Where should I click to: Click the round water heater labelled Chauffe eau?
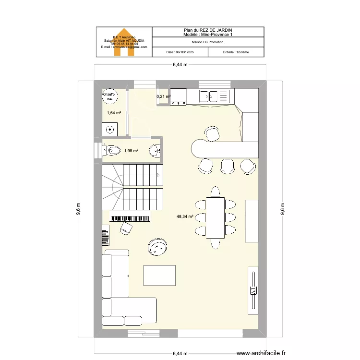click(x=109, y=97)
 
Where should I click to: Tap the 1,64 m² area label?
click(x=114, y=113)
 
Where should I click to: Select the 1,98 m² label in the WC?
click(x=131, y=151)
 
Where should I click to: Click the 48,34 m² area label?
click(x=184, y=216)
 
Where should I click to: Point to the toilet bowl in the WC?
click(x=112, y=150)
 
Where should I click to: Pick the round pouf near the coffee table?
click(x=157, y=247)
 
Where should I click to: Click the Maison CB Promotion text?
click(x=207, y=42)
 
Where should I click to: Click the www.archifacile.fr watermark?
click(x=264, y=352)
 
